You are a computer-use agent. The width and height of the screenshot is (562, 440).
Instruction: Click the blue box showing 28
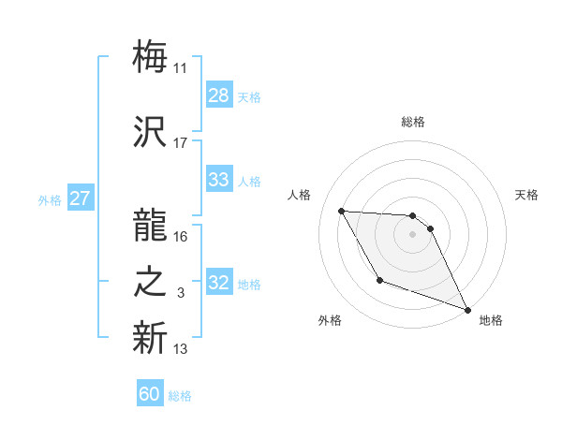pyautogui.click(x=219, y=95)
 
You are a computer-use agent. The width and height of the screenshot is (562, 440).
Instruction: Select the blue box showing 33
pyautogui.click(x=219, y=180)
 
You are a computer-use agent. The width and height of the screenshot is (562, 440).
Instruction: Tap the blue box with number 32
pyautogui.click(x=219, y=284)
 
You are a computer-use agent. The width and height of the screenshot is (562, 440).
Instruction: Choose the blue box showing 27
pyautogui.click(x=80, y=198)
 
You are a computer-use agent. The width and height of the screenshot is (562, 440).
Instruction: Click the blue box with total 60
pyautogui.click(x=150, y=394)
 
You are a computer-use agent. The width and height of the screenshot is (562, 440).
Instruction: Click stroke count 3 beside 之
pyautogui.click(x=181, y=293)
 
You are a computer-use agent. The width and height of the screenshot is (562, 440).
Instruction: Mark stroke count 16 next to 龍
pyautogui.click(x=181, y=236)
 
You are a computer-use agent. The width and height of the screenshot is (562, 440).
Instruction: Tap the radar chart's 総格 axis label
pyautogui.click(x=413, y=122)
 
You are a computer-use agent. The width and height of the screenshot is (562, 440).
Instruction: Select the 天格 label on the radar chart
pyautogui.click(x=527, y=195)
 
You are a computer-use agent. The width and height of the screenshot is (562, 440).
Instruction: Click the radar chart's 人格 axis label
pyautogui.click(x=301, y=195)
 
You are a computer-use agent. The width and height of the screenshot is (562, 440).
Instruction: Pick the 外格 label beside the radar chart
pyautogui.click(x=330, y=321)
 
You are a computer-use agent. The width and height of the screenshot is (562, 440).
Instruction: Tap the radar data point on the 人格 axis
pyautogui.click(x=342, y=211)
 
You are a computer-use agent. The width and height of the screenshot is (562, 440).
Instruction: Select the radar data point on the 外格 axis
pyautogui.click(x=379, y=280)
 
